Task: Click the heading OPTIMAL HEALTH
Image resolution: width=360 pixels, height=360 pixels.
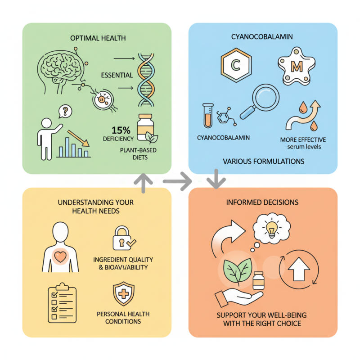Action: pos(97,39)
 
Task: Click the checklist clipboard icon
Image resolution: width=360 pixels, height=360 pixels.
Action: pos(62,303)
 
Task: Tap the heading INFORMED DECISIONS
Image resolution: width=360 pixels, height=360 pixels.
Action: pos(262,202)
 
